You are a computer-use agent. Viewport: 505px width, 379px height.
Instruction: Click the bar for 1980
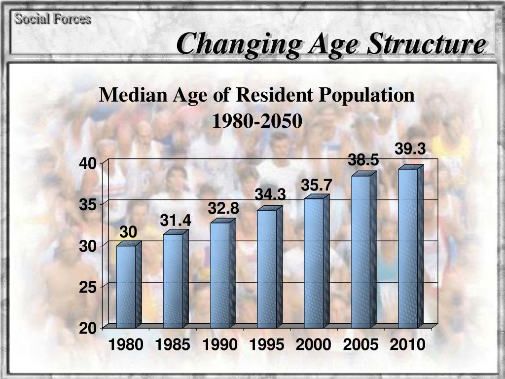126,286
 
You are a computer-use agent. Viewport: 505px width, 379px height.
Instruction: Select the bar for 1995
267,269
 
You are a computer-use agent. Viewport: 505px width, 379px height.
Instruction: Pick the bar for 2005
361,252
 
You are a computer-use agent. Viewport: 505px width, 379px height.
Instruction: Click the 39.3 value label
410,149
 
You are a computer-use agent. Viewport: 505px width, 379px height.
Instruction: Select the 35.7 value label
317,185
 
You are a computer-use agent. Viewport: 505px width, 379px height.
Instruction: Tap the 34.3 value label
270,195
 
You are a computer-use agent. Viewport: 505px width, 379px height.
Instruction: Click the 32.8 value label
223,209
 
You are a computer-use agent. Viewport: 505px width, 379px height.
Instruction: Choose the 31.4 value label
175,221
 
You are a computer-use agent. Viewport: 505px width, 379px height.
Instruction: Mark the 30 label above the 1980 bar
129,232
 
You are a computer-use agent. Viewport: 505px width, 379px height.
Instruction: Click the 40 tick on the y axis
90,163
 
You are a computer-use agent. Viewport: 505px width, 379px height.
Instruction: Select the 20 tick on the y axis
90,328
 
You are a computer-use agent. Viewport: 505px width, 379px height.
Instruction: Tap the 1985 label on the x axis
173,345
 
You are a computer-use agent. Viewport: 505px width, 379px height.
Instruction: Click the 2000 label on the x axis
313,345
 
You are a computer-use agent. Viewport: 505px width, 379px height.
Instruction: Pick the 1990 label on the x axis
219,345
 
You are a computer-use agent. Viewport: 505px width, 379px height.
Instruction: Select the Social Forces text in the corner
52,19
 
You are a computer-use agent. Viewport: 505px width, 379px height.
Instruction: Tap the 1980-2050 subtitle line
256,121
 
